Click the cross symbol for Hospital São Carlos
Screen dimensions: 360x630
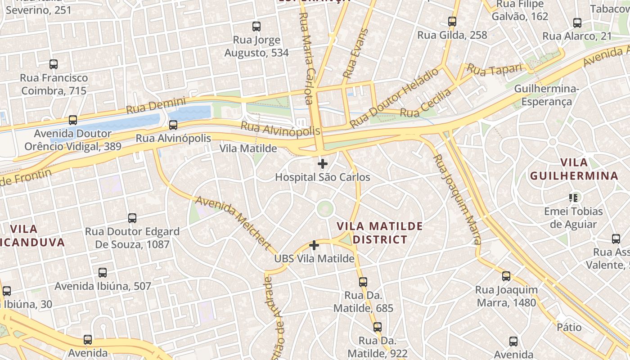tap(323, 164)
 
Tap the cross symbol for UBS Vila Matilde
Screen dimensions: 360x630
tap(314, 245)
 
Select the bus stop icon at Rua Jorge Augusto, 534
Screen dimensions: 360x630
tap(256, 27)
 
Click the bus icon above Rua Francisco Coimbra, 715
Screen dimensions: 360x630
tap(54, 64)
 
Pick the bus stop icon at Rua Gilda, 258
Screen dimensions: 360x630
tap(452, 21)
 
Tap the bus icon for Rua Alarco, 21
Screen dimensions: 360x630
tap(577, 23)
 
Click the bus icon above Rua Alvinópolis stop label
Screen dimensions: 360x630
tap(173, 125)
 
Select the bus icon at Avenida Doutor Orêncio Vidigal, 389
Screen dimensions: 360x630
tap(73, 120)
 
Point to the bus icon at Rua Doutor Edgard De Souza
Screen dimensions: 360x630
tap(132, 218)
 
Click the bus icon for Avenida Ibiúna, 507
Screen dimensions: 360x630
tap(103, 273)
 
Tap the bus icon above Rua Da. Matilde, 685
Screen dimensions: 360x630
tap(363, 282)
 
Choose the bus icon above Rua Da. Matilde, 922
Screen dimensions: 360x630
tap(378, 327)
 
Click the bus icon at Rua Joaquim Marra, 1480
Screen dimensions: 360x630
tap(506, 276)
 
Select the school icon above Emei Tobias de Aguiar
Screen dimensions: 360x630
tap(573, 198)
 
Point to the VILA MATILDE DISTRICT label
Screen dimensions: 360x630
tap(380, 233)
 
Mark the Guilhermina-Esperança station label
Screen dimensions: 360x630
tap(546, 95)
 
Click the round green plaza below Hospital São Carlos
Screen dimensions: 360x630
tap(325, 208)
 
